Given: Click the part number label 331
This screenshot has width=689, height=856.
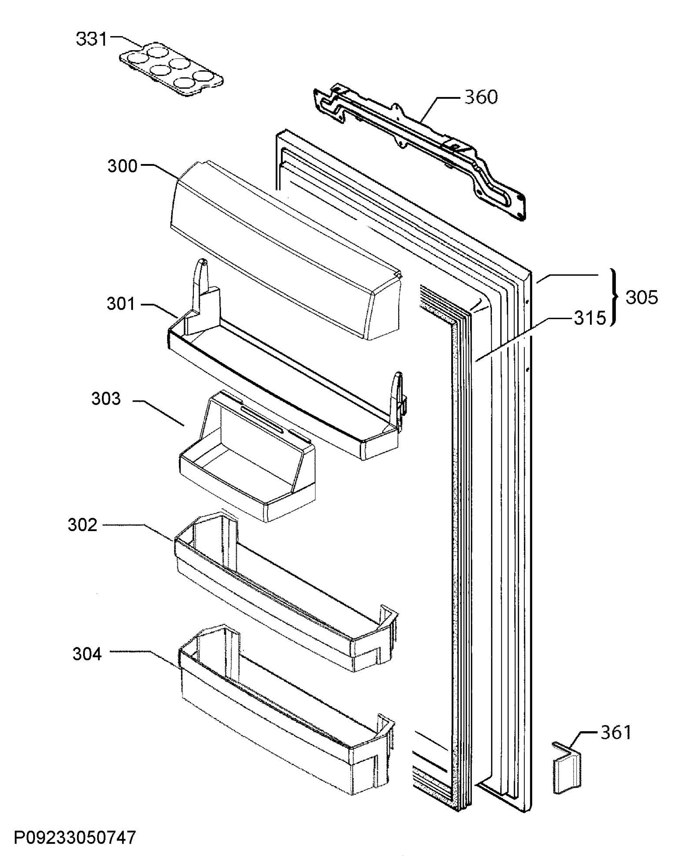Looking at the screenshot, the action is click(92, 39).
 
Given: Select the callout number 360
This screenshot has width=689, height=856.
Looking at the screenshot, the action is click(481, 97).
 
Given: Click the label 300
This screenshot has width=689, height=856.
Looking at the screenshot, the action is click(122, 166).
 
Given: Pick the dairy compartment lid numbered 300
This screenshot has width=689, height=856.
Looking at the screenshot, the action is click(286, 250).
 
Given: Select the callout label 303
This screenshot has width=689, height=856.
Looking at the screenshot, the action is click(106, 399).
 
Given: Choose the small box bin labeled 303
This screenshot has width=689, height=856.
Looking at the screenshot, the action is click(247, 457).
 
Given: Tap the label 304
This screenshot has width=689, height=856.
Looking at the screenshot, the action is click(87, 654).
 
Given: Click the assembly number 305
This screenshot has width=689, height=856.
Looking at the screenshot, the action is click(642, 297).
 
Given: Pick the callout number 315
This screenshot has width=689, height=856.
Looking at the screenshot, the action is click(590, 318).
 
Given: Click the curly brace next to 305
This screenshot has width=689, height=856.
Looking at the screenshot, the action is click(615, 297).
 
